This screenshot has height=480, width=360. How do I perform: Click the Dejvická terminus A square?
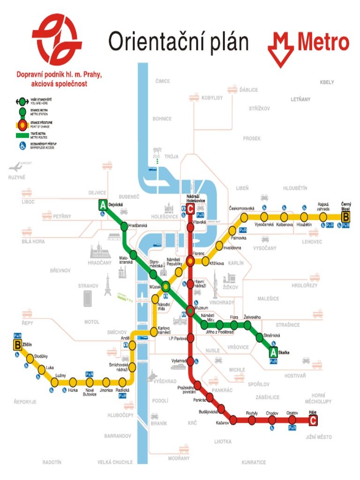pos(103,205)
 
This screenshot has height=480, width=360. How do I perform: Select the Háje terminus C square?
pos(313,421)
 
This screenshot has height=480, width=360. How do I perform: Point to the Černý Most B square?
pos(346,217)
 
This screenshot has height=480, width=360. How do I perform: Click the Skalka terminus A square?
pos(273,352)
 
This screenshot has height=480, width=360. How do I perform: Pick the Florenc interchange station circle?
pos(190,261)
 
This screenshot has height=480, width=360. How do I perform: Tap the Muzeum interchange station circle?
pos(190,310)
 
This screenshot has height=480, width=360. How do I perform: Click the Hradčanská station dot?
pos(124,227)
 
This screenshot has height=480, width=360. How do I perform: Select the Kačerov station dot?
pos(233,418)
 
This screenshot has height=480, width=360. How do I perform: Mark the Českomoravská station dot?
pos(244,217)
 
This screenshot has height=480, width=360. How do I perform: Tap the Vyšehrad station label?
pos(179,360)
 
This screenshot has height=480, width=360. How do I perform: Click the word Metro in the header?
pos(323,43)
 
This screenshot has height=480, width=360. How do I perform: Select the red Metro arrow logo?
pos(281,50)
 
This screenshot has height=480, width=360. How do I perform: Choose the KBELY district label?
pos(327,82)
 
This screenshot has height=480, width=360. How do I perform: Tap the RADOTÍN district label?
pos(52,462)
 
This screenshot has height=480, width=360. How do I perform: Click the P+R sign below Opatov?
pos(292,428)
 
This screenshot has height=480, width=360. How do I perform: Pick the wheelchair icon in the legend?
pos(22,146)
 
